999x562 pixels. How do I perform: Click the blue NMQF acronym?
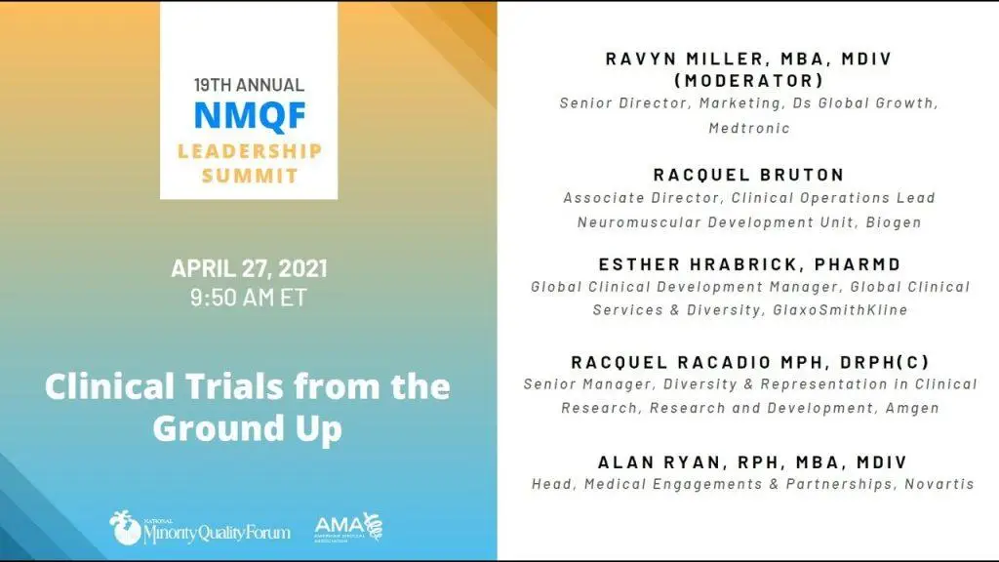[250, 115]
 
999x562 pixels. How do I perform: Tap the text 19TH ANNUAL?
[249, 85]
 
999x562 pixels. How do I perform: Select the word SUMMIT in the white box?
[250, 176]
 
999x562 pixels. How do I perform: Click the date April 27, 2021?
[249, 268]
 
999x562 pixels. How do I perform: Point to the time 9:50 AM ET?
[249, 297]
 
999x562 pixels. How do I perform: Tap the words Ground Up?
[248, 428]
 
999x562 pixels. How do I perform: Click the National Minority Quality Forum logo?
[199, 528]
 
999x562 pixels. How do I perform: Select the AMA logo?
[348, 527]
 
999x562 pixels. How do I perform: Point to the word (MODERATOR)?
[749, 81]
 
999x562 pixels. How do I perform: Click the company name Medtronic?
[749, 128]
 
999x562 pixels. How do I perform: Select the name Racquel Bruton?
[749, 175]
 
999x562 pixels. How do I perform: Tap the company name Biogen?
[894, 222]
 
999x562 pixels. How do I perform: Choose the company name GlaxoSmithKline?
[840, 309]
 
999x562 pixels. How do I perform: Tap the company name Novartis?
[939, 484]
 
